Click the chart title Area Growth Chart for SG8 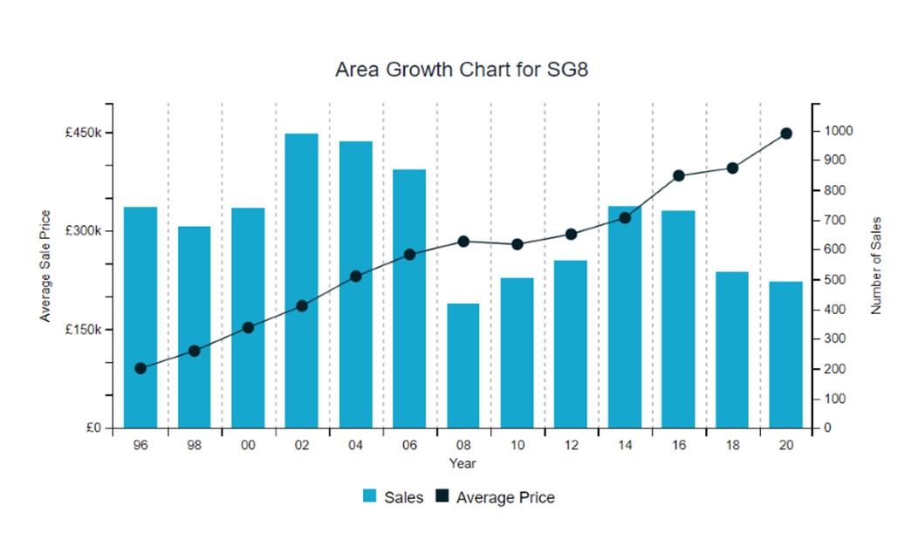[x=462, y=70]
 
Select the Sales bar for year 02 [x=302, y=280]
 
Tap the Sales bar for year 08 [x=463, y=366]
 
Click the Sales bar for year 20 [x=785, y=354]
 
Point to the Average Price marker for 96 [x=140, y=368]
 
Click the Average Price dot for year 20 [x=785, y=133]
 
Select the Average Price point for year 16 [x=678, y=175]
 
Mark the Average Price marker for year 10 [x=517, y=244]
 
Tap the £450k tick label [x=85, y=133]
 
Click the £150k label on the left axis [x=85, y=330]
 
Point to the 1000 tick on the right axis [x=839, y=131]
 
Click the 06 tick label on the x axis [x=409, y=445]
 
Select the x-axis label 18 [x=731, y=445]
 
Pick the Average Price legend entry [x=495, y=497]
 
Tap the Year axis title [x=462, y=463]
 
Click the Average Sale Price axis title [x=45, y=265]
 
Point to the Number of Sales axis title [x=877, y=265]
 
